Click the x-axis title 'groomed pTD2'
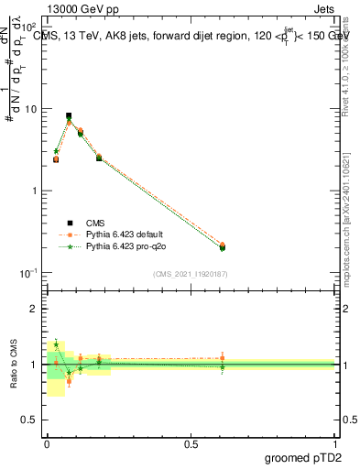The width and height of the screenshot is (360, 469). coord(302,458)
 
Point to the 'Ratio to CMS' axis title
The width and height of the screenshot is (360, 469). coord(14,365)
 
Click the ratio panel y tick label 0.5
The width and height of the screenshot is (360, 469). coord(31,420)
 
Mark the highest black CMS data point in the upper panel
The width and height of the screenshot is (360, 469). coord(69,116)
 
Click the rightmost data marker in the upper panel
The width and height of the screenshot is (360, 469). coord(223,246)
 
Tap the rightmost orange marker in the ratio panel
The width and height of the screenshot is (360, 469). coord(223,358)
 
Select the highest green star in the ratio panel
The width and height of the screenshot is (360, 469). coord(56,344)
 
